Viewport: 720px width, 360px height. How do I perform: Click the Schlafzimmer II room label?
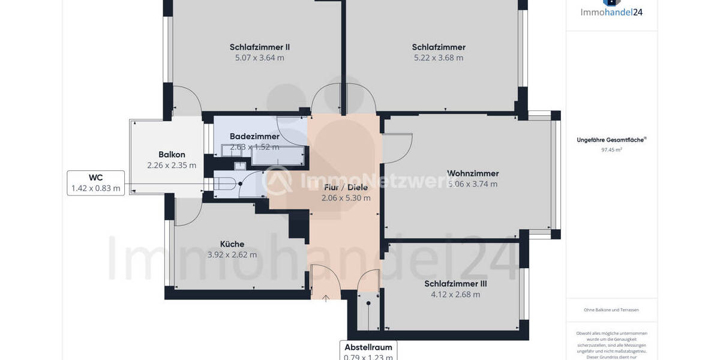(x=260, y=47)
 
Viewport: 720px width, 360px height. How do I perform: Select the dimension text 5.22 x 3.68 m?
(x=439, y=58)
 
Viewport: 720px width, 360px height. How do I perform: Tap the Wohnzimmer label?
(x=473, y=173)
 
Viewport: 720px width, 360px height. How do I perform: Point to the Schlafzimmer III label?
(x=455, y=284)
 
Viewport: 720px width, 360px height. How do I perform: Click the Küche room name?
(x=232, y=244)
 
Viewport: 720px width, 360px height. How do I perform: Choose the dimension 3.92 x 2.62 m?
(x=232, y=254)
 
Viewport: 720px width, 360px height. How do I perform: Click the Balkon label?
(x=172, y=154)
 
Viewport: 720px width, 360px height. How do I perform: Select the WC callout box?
(x=96, y=183)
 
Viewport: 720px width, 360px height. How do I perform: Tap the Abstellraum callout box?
(x=368, y=351)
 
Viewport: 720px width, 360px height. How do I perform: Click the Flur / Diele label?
(x=346, y=187)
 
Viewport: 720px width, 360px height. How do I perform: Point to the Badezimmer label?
(x=254, y=136)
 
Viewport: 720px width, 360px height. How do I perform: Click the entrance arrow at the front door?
(x=326, y=298)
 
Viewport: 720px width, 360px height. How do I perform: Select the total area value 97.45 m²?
(x=611, y=150)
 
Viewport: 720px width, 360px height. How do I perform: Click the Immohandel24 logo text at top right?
(x=611, y=11)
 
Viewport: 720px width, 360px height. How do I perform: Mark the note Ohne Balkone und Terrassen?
(x=611, y=310)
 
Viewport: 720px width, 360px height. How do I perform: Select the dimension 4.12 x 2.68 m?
(x=455, y=295)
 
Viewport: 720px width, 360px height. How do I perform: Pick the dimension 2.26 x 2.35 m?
(x=172, y=165)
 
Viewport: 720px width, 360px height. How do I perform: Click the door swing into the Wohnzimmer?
(x=396, y=148)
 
